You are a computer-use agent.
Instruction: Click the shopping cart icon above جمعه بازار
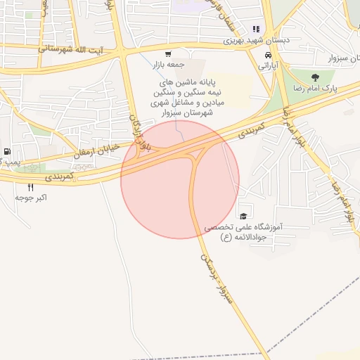tap(167, 54)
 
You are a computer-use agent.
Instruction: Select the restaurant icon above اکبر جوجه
tap(30, 187)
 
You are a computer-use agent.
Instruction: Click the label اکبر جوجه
tap(31, 198)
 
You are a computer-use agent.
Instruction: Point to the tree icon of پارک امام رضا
tap(314, 77)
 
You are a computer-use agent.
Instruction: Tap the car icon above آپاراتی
tap(268, 55)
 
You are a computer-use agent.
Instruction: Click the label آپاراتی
tap(269, 65)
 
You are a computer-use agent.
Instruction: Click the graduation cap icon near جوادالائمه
tap(243, 217)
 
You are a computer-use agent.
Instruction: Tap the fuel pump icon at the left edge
tap(7, 151)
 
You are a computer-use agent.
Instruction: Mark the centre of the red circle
tap(180, 179)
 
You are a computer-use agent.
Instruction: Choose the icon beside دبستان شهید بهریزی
tap(256, 30)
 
